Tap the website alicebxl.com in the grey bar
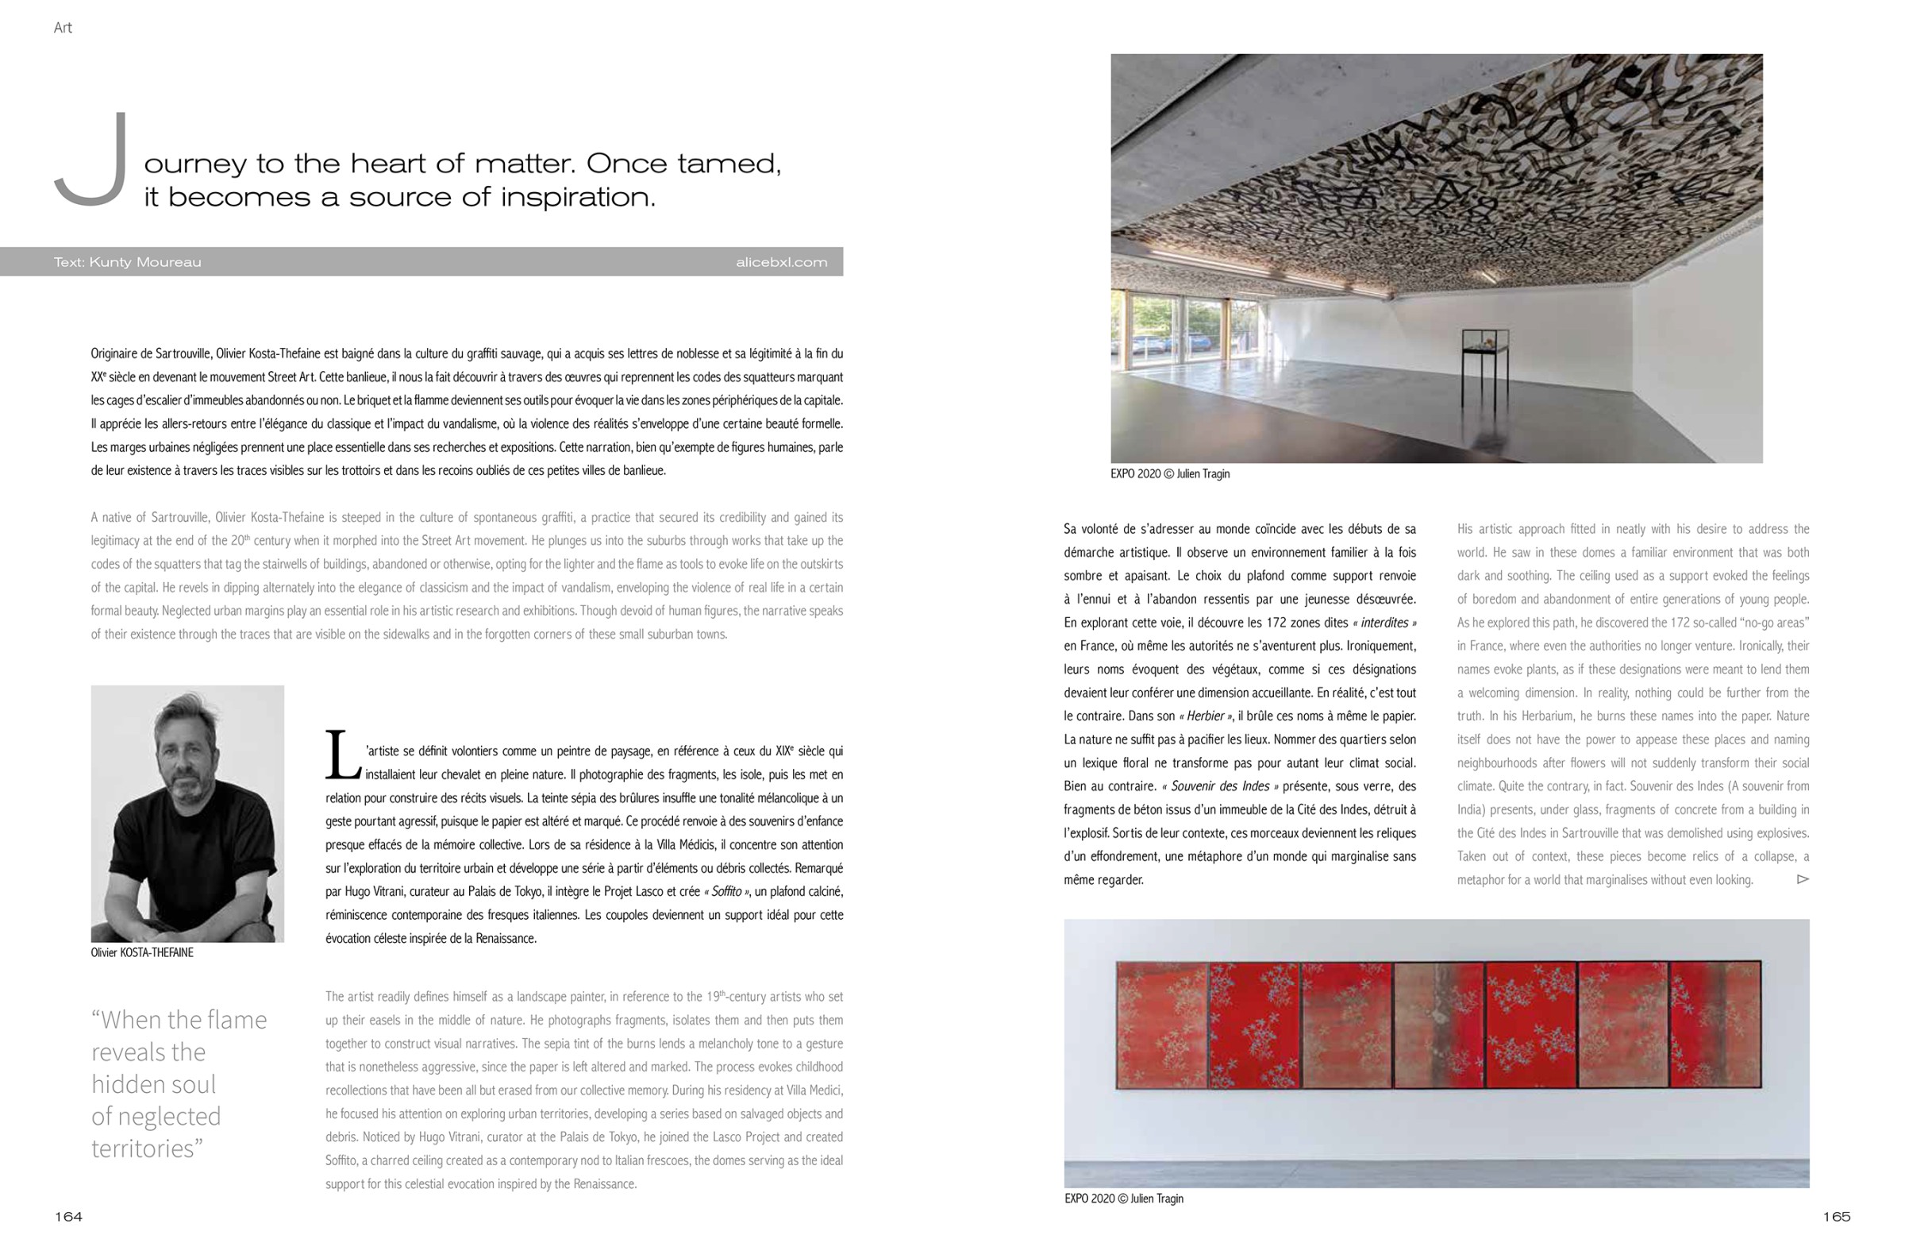[781, 262]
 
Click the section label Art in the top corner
[63, 28]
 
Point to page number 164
[68, 1217]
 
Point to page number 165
[1836, 1217]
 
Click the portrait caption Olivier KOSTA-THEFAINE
[141, 952]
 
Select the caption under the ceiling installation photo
[1169, 474]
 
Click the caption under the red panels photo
[1123, 1199]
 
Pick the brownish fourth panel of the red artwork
[1438, 1025]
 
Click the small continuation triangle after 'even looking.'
[1803, 879]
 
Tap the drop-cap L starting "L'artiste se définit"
[343, 755]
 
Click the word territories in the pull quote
[142, 1148]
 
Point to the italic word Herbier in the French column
[1205, 716]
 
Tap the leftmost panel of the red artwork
[1161, 1025]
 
